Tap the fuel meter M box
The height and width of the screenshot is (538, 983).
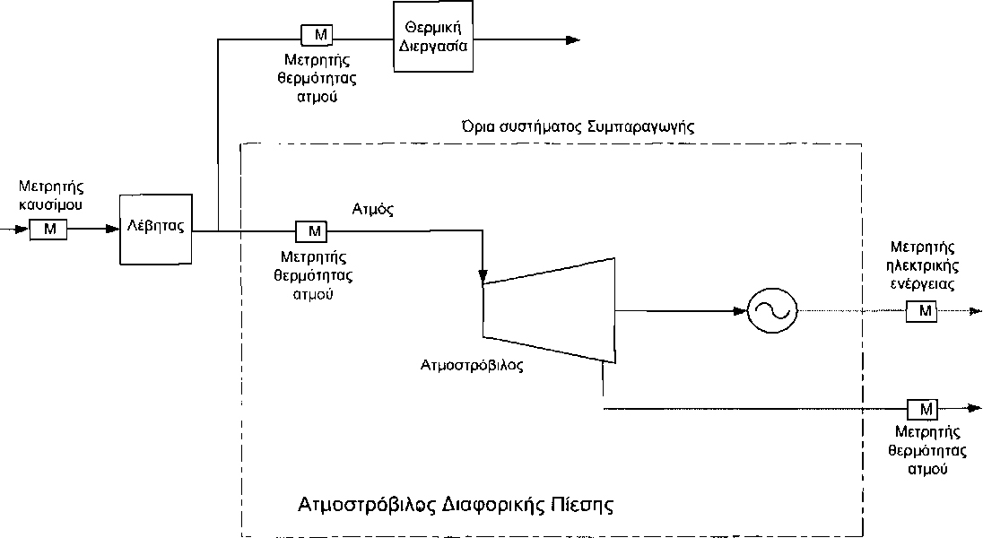[x=48, y=230]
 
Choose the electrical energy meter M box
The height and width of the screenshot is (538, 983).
[x=921, y=311]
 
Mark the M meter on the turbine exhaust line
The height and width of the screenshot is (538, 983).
[x=922, y=409]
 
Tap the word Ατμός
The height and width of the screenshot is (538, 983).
[x=375, y=210]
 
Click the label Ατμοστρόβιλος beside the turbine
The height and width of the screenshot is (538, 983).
[x=472, y=366]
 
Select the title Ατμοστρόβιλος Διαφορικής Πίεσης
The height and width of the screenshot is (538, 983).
[x=455, y=503]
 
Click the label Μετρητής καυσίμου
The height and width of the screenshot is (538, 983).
[x=50, y=195]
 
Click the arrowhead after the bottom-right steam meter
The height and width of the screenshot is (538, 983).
[x=972, y=409]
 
